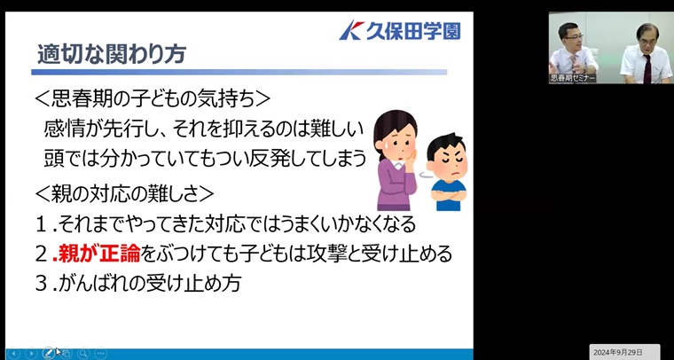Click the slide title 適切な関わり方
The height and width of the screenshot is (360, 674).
pos(112,55)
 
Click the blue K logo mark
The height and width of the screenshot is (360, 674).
pos(351,30)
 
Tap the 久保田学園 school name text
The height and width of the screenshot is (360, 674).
pos(413,31)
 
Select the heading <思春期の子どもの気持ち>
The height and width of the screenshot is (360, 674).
pos(153,99)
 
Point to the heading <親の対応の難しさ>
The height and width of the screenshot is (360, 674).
pos(124,193)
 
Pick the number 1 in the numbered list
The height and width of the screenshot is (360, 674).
pos(42,223)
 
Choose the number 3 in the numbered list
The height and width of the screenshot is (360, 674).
pos(42,284)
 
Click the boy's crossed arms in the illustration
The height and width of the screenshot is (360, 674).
pos(449,194)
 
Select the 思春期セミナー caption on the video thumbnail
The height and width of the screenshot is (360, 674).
pos(572,78)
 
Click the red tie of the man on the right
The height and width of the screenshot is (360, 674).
pos(647,68)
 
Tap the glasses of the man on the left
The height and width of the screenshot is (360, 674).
pos(574,37)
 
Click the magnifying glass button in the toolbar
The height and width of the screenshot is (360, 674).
pos(83,353)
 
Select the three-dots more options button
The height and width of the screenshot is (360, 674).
pos(100,353)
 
